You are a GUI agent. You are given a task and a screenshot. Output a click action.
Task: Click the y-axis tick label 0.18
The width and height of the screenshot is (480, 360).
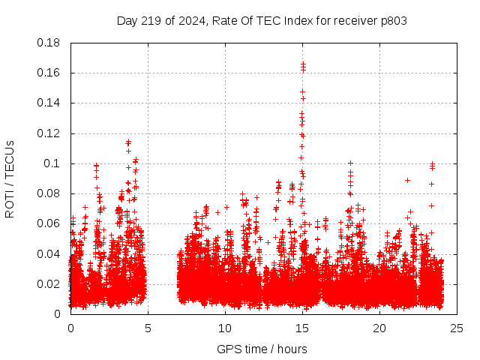point(49,43)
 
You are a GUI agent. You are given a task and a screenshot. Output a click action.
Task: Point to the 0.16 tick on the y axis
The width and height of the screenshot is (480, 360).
point(49,73)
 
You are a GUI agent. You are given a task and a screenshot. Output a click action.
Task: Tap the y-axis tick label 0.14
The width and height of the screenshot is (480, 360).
point(49,103)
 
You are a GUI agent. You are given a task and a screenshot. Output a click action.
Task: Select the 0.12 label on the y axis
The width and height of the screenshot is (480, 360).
point(49,133)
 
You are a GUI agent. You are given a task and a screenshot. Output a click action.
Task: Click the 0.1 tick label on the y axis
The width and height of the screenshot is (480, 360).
point(53,163)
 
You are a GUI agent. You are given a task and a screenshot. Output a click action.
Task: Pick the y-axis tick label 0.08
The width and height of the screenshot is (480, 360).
point(49,193)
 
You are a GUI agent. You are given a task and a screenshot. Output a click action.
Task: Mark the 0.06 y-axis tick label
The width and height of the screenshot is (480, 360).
point(49,223)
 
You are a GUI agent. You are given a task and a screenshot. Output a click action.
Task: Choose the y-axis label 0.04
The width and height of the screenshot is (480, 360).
point(49,253)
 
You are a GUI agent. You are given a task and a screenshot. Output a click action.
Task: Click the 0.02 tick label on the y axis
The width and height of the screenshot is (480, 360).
point(49,283)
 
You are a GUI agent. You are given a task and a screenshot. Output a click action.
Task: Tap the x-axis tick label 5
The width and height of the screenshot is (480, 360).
point(148,328)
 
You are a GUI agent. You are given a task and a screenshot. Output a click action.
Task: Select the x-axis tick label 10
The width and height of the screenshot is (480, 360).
point(225,328)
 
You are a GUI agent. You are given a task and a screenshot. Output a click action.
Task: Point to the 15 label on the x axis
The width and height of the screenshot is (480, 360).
point(302,328)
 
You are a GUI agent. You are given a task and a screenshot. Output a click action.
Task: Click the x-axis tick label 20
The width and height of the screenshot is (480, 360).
point(379,328)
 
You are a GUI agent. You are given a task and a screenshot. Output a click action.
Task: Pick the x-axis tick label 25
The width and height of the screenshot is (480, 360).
point(457,328)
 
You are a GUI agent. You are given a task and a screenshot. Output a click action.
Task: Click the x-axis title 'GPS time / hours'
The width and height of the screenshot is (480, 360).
point(262,349)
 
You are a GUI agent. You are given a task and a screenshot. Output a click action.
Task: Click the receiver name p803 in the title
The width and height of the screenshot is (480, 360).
point(393,20)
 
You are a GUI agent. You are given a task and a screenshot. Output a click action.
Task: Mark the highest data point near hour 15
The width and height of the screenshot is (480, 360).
point(303,64)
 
